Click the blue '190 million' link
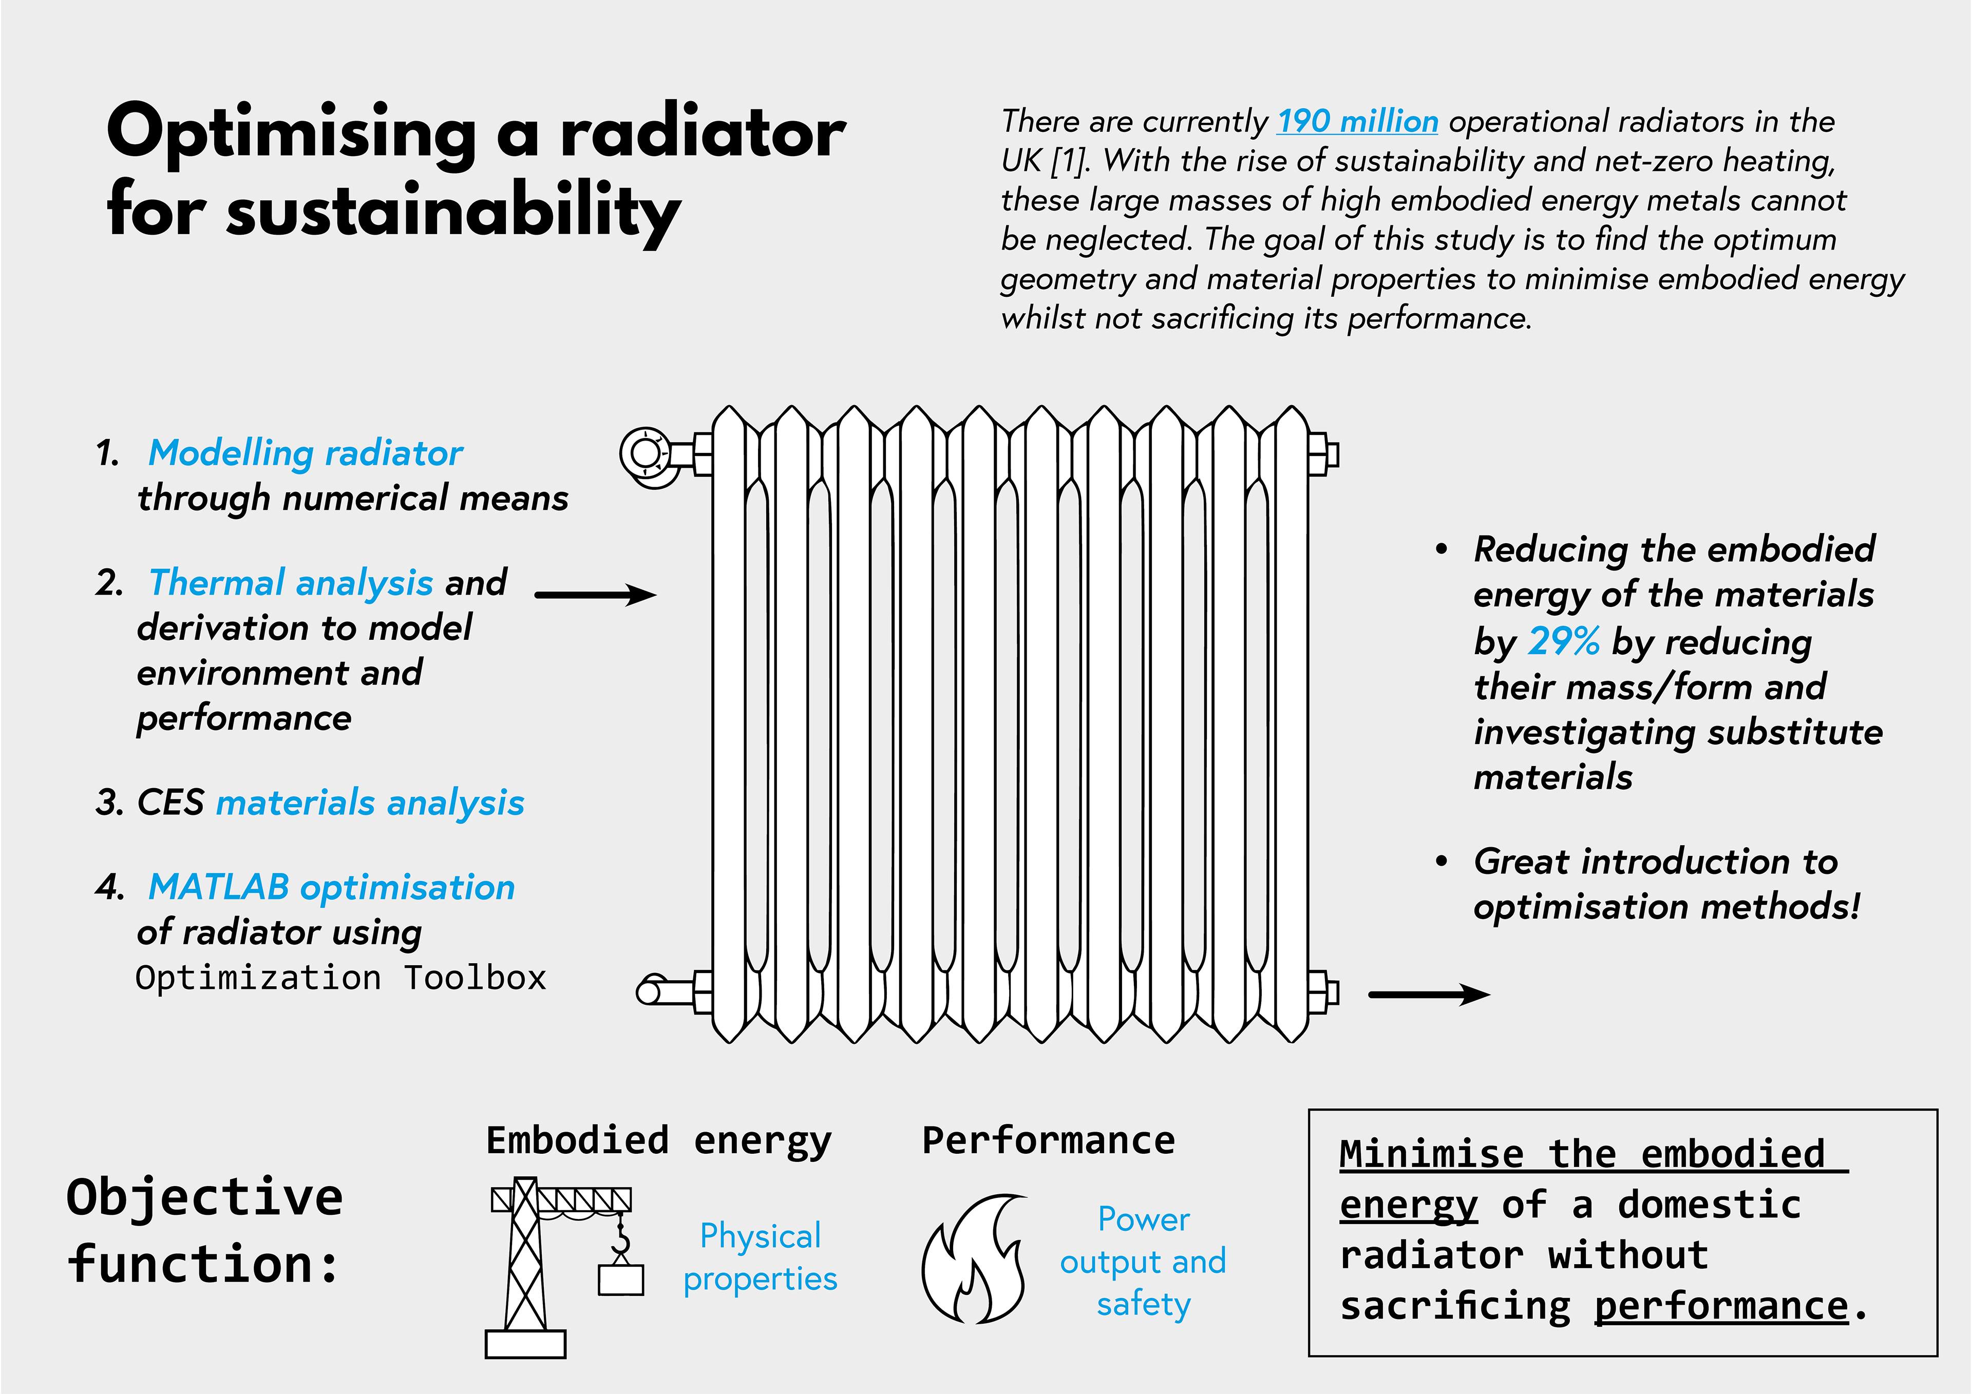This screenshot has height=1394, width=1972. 1357,121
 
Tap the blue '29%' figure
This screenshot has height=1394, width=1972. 1564,641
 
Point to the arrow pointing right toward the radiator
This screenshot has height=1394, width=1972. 595,595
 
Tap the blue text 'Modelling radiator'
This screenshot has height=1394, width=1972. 305,453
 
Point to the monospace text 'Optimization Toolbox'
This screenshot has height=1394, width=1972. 340,978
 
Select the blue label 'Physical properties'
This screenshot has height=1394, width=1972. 760,1257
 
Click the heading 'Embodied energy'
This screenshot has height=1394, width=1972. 659,1141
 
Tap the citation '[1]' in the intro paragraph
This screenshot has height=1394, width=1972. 1069,161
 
